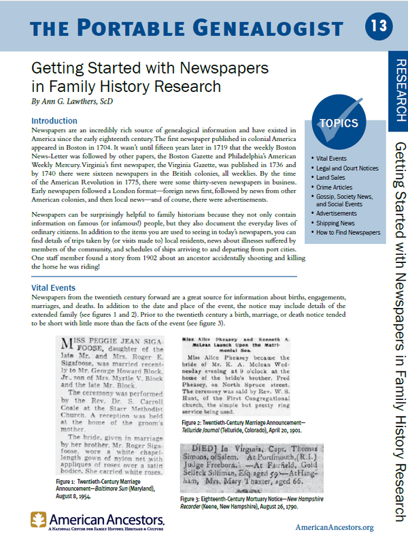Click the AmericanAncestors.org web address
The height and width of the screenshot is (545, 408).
pos(335,528)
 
